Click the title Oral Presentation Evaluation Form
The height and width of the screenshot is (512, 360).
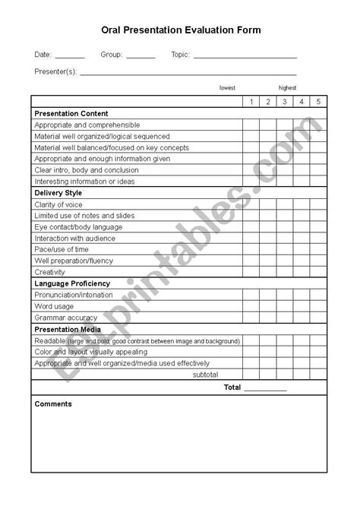pyautogui.click(x=181, y=30)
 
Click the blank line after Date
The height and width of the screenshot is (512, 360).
pyautogui.click(x=70, y=57)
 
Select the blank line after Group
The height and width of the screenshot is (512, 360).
pyautogui.click(x=141, y=57)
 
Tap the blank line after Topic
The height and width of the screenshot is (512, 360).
pyautogui.click(x=245, y=57)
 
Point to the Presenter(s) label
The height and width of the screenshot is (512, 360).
pyautogui.click(x=55, y=71)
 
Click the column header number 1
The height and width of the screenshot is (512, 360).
pyautogui.click(x=251, y=102)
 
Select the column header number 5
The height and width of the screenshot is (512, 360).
pyautogui.click(x=319, y=102)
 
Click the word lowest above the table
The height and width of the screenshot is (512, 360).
pyautogui.click(x=227, y=88)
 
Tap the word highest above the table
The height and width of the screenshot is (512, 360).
pyautogui.click(x=287, y=88)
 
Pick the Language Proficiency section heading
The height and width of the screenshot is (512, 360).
pyautogui.click(x=72, y=283)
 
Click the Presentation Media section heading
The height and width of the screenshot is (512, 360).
pyautogui.click(x=68, y=329)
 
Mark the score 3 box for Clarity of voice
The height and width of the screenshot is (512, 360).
pyautogui.click(x=285, y=204)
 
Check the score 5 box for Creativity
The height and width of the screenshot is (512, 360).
pyautogui.click(x=319, y=272)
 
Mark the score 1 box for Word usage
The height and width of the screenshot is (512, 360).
pyautogui.click(x=251, y=306)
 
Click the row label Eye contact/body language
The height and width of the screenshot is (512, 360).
pyautogui.click(x=78, y=227)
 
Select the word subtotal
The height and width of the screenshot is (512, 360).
pyautogui.click(x=205, y=375)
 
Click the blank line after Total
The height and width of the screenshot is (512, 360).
pyautogui.click(x=266, y=388)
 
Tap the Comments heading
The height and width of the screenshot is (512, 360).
pyautogui.click(x=53, y=404)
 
